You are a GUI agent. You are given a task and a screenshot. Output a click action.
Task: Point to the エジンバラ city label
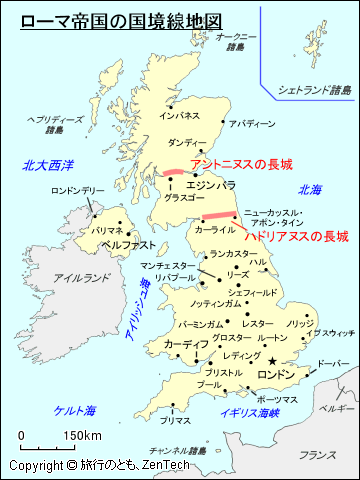coord(210,185)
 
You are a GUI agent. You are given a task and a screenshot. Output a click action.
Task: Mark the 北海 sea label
coord(310,189)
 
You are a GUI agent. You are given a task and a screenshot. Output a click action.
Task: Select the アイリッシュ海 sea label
coord(138,313)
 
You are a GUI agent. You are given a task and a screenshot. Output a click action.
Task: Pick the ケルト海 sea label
coord(75,410)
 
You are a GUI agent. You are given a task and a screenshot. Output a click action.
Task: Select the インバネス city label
coord(180,116)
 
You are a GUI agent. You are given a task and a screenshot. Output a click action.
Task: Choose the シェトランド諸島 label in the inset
coord(315,90)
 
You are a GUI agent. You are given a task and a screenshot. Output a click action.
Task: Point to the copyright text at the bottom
coord(79,466)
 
